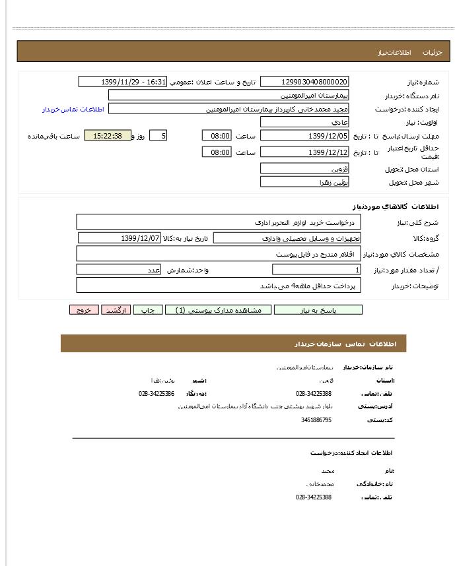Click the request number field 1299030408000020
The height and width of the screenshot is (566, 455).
(x=304, y=82)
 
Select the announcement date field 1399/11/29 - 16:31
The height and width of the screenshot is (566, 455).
(x=123, y=82)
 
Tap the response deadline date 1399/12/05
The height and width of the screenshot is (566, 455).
(x=304, y=136)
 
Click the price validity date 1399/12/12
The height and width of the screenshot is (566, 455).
(x=304, y=152)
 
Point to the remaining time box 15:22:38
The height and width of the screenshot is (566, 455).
(x=108, y=136)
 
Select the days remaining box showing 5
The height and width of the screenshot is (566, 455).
(x=158, y=136)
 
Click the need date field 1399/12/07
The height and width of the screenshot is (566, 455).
(x=119, y=238)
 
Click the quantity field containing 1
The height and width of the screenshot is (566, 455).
(x=316, y=270)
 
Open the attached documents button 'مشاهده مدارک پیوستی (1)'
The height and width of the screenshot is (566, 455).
(x=218, y=310)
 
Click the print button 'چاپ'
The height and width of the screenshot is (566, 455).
(x=148, y=310)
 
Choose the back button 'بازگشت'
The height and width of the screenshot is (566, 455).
(x=116, y=310)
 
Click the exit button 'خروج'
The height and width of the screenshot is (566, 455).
(x=84, y=310)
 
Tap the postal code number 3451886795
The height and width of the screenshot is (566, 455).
(x=316, y=420)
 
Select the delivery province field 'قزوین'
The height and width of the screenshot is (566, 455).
(x=304, y=169)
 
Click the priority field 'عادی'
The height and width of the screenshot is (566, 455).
(x=304, y=123)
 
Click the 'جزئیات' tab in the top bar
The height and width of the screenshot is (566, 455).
(x=432, y=51)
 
